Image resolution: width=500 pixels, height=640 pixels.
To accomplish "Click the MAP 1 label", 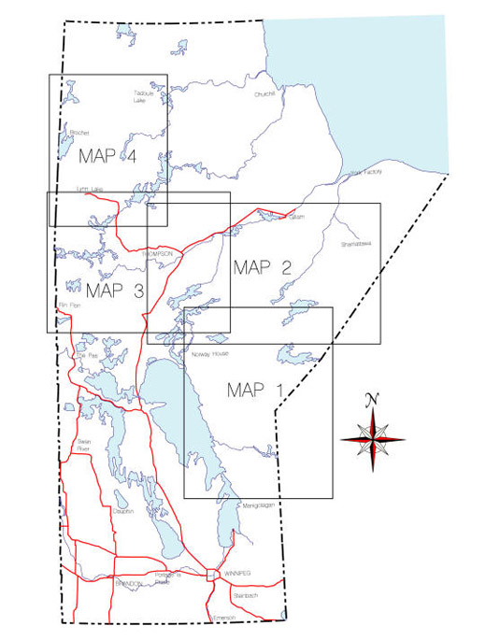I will [x=253, y=390].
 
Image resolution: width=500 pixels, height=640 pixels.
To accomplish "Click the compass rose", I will [x=373, y=437].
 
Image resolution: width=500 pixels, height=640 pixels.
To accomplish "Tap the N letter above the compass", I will [x=373, y=400].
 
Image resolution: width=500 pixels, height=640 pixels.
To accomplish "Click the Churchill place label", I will [x=266, y=94].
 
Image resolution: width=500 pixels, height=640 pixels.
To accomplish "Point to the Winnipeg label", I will [x=237, y=574].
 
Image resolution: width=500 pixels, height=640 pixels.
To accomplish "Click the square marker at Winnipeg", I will [x=212, y=575].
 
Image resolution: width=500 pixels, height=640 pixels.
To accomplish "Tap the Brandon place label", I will [x=127, y=583].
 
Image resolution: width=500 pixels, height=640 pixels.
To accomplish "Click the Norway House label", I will [x=207, y=355].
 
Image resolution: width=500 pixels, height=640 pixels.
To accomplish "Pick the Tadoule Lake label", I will [x=140, y=98].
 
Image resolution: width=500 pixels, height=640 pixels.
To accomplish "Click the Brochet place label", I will [x=79, y=133].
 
